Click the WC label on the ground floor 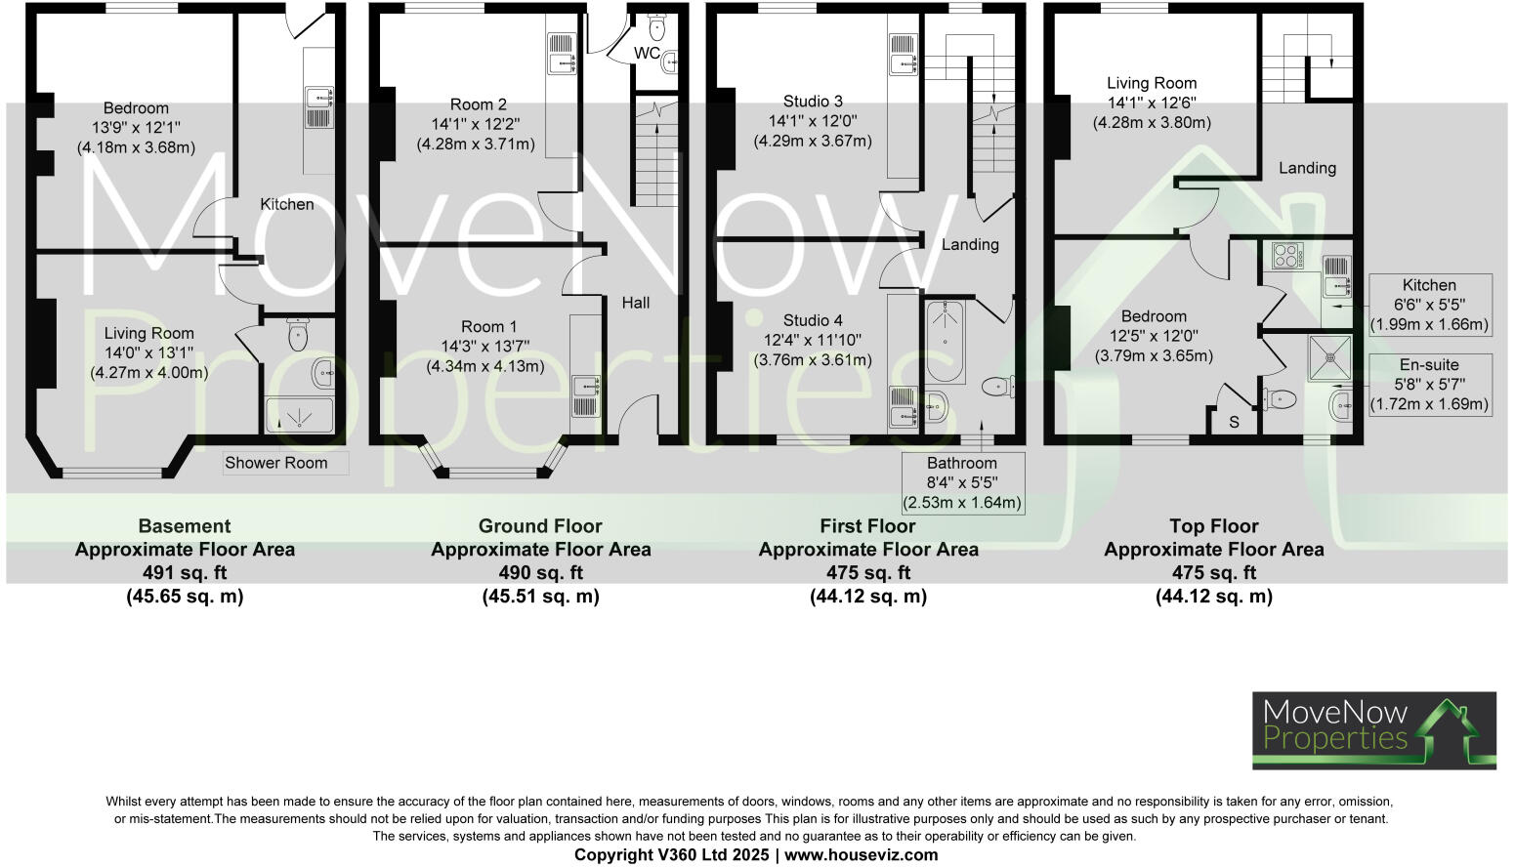647,53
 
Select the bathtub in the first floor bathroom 945,342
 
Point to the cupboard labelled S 1234,422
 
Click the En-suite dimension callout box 1429,384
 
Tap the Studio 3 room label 813,102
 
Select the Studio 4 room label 813,320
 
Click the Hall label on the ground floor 636,303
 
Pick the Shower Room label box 276,463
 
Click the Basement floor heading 185,526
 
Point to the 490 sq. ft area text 540,573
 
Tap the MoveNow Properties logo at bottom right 1373,730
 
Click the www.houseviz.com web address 861,855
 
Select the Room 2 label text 478,104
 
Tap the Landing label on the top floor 1307,168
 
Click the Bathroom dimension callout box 962,483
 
